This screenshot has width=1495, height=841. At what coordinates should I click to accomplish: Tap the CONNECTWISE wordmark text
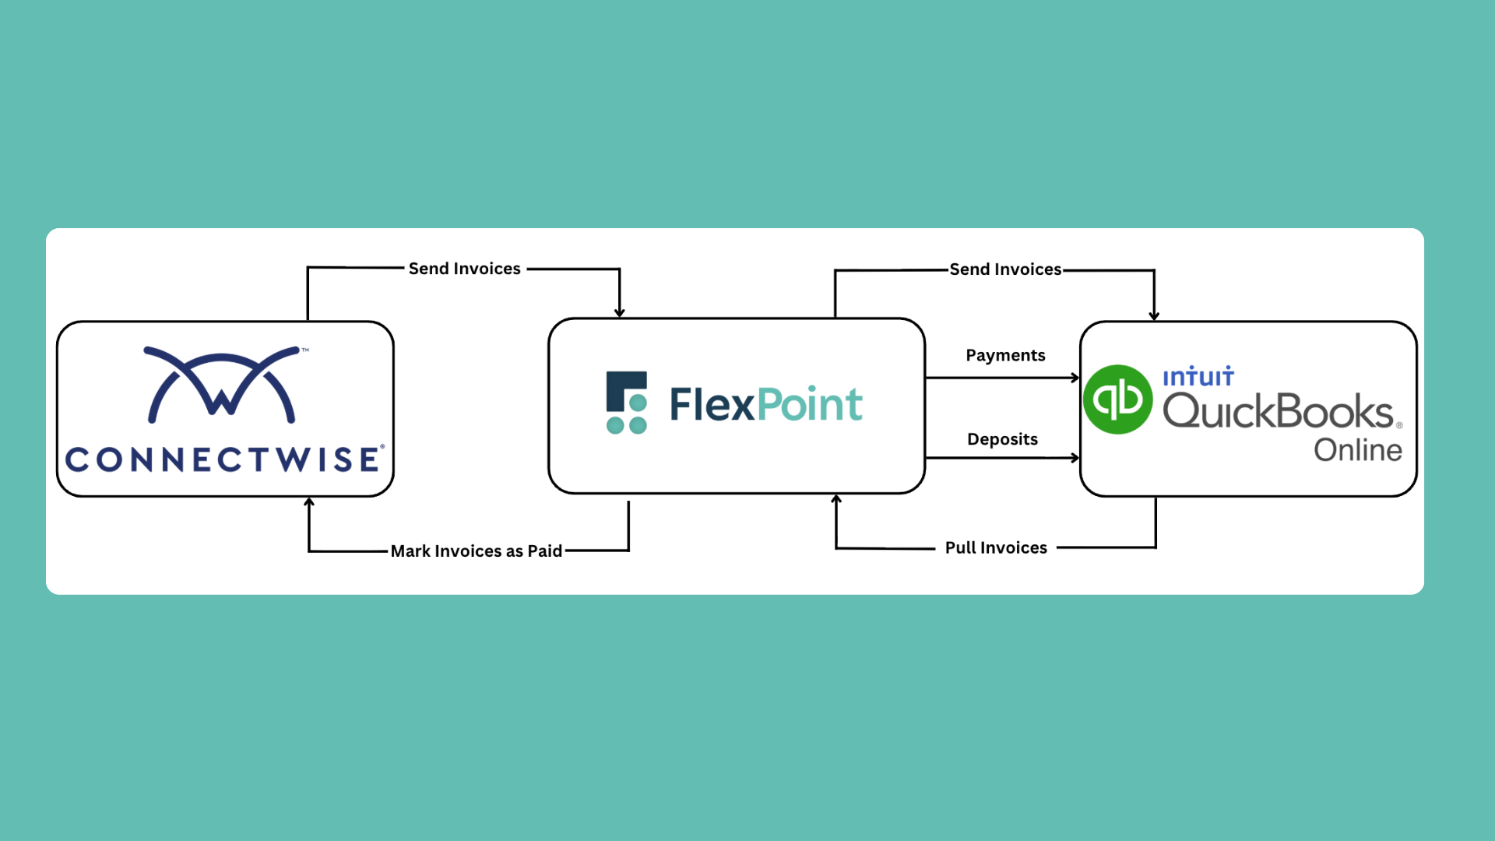pos(224,459)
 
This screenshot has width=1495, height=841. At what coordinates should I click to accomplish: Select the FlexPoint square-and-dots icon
pos(627,403)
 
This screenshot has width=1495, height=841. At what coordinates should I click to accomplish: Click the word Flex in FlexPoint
pos(712,405)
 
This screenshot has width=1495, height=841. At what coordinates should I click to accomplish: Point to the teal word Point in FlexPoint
pos(810,405)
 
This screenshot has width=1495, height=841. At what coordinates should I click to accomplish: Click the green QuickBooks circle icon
pos(1118,399)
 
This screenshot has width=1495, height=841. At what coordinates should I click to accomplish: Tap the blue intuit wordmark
pos(1198,378)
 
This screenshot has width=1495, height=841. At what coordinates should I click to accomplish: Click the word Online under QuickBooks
pos(1358,450)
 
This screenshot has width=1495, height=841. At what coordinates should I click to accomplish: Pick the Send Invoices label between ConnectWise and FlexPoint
pos(465,269)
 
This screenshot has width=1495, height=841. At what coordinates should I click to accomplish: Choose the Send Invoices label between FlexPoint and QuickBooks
pos(1005,269)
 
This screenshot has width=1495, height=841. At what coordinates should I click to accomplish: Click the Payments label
pos(1005,356)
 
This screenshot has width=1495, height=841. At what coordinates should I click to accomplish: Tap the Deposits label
pos(1002,439)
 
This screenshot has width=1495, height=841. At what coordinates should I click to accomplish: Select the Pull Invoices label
pos(996,548)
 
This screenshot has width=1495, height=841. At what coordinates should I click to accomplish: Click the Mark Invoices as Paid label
pos(477,551)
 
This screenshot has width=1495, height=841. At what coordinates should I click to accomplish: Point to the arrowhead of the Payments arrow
pos(1075,378)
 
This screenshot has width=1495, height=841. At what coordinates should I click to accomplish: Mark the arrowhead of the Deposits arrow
pos(1075,458)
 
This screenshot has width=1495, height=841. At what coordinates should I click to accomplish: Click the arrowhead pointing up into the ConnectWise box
pos(309,503)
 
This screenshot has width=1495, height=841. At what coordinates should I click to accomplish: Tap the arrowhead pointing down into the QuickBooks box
pos(1154,315)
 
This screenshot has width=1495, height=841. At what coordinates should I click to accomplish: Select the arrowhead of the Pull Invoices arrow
pos(836,500)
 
